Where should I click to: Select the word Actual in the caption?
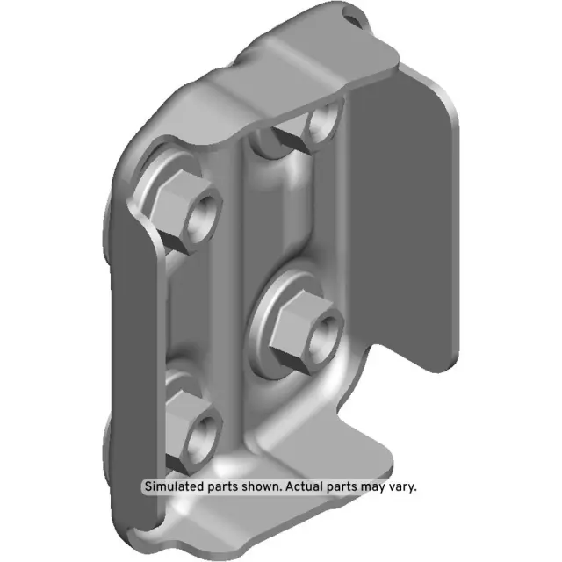296,486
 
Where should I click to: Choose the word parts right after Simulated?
219,486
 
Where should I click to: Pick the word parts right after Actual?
331,486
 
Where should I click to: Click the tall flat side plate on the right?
413,220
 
